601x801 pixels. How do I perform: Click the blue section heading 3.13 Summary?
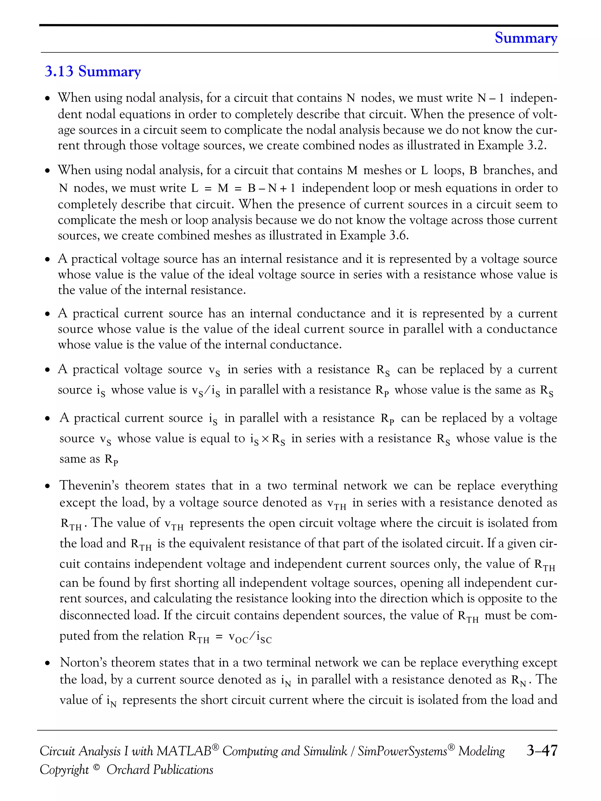pyautogui.click(x=92, y=71)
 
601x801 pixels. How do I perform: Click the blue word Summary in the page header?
pyautogui.click(x=526, y=38)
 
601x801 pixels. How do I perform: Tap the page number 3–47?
pyautogui.click(x=542, y=750)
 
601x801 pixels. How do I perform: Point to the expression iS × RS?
pyautogui.click(x=267, y=439)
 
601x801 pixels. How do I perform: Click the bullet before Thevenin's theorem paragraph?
pyautogui.click(x=48, y=486)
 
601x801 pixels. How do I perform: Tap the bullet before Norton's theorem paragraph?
pyautogui.click(x=48, y=663)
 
